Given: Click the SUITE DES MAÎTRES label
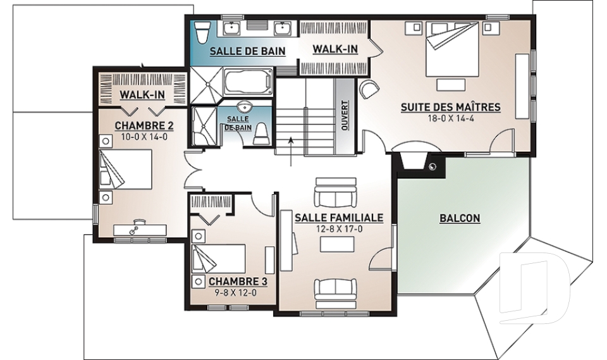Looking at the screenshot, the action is (451, 106).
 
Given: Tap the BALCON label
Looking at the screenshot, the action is (460, 218).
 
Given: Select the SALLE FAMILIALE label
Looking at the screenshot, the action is (339, 218).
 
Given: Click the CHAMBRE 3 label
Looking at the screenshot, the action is (238, 282).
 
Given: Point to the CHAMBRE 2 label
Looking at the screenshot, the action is (144, 125).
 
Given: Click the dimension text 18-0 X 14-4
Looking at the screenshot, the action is (451, 118).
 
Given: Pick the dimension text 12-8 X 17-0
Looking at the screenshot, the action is (339, 229).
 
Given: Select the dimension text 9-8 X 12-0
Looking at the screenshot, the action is (236, 292).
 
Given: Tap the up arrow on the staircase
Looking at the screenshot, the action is (290, 151).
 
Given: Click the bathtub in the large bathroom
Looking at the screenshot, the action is (248, 83).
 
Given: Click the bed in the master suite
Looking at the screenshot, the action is (451, 49).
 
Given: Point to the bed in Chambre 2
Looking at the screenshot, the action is (125, 170).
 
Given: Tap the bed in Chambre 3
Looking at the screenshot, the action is (219, 259).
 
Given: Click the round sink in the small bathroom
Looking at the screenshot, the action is (244, 106).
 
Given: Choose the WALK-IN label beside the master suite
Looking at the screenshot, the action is (335, 49).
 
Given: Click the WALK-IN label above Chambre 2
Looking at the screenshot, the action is (142, 94).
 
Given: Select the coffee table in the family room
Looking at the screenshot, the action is (337, 244).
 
